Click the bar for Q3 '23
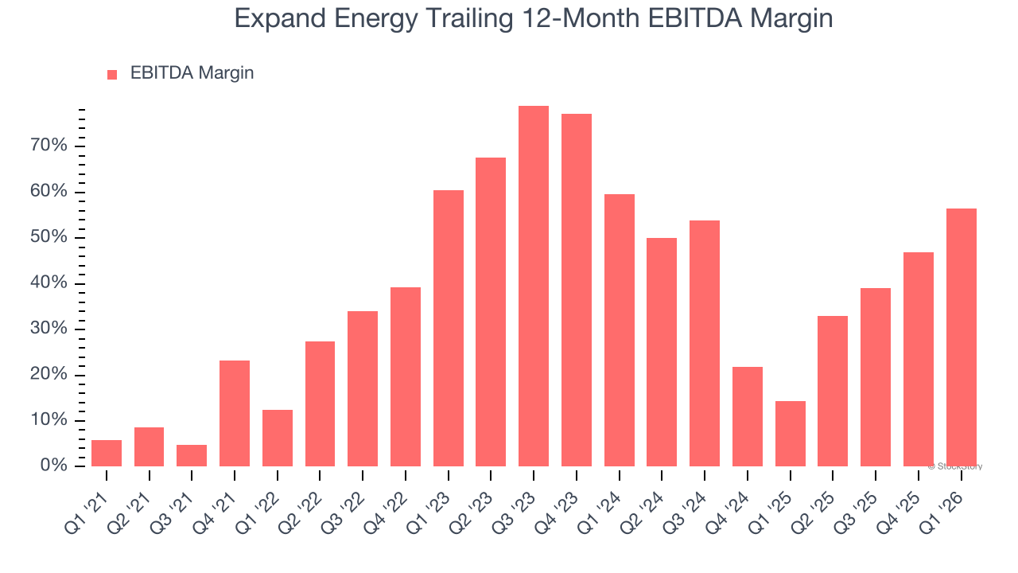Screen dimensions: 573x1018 point(534,286)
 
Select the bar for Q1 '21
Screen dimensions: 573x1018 point(107,453)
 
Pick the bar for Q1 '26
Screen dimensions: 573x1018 point(961,337)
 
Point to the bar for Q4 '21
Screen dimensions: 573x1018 point(235,413)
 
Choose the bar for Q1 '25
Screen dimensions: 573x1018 point(790,434)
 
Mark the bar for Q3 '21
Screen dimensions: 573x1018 point(192,455)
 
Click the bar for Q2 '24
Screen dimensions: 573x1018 point(662,352)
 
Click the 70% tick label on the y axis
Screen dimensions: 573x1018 point(49,146)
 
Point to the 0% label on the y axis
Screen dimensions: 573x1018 point(54,466)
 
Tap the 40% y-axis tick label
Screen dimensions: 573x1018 point(49,283)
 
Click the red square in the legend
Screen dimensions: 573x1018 point(112,74)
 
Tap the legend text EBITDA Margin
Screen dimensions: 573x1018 point(192,73)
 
